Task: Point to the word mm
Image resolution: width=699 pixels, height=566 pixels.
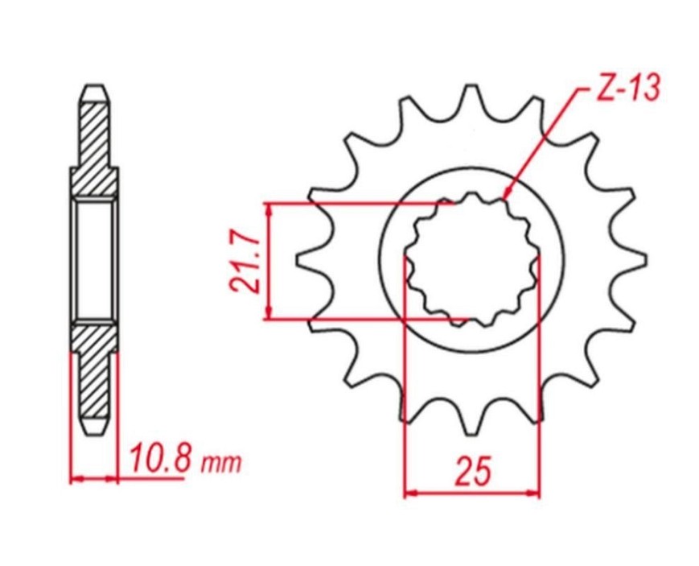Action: tap(221, 464)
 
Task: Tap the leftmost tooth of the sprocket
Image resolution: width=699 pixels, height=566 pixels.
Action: tap(310, 257)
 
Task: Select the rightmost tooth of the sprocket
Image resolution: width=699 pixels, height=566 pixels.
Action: tap(632, 257)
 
